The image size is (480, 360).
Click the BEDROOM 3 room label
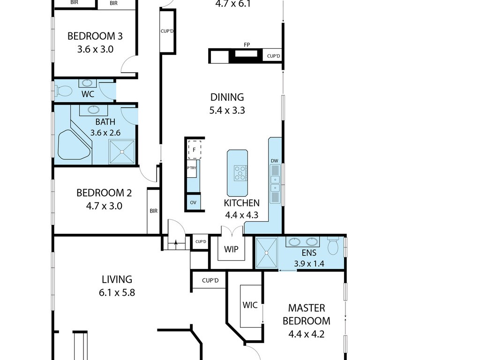(95, 36)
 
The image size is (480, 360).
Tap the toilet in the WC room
(63, 90)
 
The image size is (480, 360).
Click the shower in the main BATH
(122, 151)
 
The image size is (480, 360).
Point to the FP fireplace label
(247, 45)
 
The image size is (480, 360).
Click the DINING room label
(227, 97)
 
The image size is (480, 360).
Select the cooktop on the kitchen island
(240, 172)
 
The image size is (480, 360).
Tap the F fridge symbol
(194, 150)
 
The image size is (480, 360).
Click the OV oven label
(193, 202)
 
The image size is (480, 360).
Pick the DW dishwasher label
(274, 161)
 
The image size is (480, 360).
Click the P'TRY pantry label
(192, 168)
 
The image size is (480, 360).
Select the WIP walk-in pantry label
(231, 249)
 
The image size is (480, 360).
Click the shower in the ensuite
(266, 253)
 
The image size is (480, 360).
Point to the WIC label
(250, 305)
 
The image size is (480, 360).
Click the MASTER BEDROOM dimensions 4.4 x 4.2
(307, 334)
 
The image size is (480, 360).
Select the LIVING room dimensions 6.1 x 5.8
(117, 292)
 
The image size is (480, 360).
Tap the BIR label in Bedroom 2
(154, 211)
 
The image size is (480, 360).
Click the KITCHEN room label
(242, 203)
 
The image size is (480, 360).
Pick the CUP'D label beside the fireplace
(273, 56)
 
